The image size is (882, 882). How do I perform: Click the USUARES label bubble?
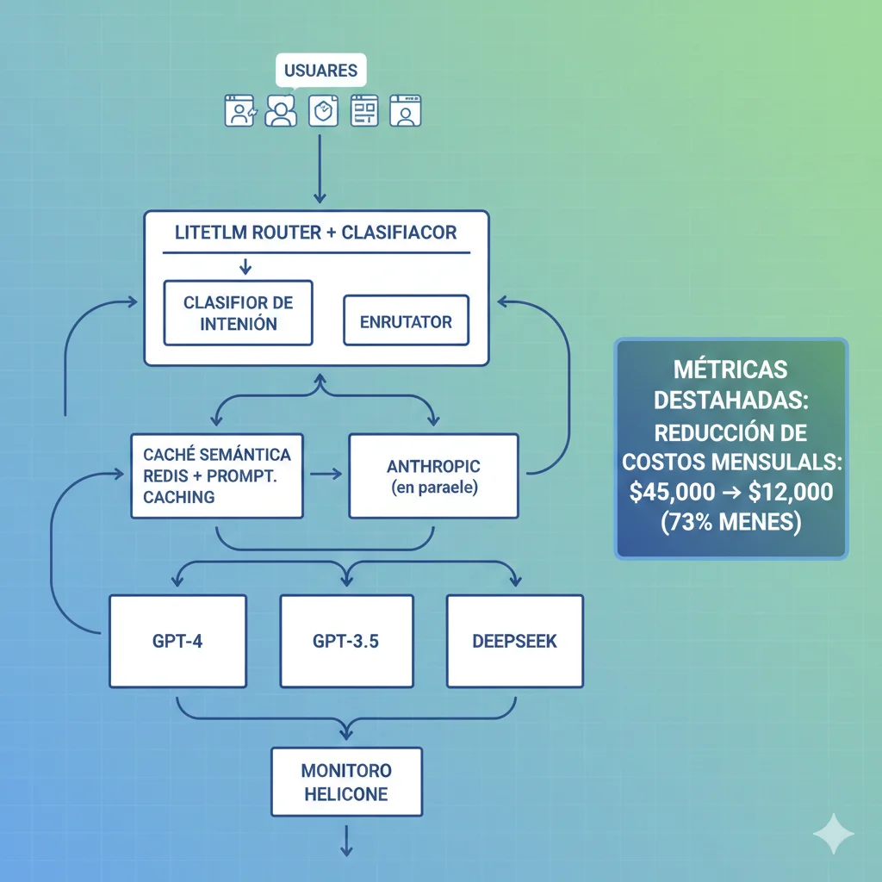[x=320, y=70]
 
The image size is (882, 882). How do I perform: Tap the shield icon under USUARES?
[x=321, y=111]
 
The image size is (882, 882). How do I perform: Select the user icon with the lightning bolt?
[x=239, y=111]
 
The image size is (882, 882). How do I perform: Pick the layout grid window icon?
[x=364, y=111]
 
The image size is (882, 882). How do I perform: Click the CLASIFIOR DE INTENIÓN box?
[x=239, y=313]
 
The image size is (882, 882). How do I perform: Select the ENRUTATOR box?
[x=406, y=321]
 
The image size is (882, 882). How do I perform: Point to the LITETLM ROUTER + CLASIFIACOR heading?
[x=316, y=233]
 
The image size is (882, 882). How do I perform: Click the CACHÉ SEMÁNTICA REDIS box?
[x=216, y=475]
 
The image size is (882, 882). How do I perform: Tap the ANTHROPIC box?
[x=433, y=475]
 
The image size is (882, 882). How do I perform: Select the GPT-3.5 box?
[x=345, y=642]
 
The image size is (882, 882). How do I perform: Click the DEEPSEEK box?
[x=514, y=642]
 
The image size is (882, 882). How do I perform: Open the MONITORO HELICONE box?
[x=346, y=781]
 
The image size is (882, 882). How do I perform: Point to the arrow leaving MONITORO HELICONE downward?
[x=346, y=841]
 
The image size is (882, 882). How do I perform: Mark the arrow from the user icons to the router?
[x=320, y=168]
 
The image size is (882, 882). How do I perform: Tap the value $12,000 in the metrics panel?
[x=791, y=492]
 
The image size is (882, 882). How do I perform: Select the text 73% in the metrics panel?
[x=686, y=522]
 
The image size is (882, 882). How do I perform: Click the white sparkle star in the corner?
[x=834, y=833]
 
